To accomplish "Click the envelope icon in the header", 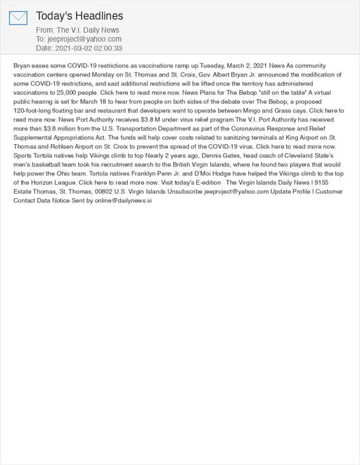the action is point(18,18).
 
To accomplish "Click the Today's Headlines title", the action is point(79,15).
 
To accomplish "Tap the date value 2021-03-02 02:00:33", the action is point(88,48).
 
